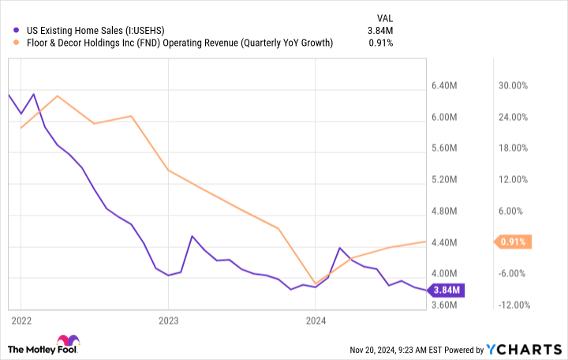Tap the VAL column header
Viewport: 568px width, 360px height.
[384, 17]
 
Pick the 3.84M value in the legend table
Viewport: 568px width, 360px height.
[379, 31]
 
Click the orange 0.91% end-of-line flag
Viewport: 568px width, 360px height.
[513, 242]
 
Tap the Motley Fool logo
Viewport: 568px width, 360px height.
[44, 347]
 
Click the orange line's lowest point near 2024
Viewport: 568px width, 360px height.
[316, 283]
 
